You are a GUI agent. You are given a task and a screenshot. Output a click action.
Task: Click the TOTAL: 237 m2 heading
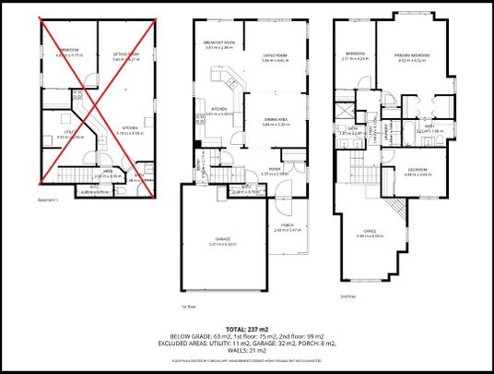246,327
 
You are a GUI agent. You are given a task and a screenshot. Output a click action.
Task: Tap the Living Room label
275,56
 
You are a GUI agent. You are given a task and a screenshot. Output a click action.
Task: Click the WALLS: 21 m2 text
246,350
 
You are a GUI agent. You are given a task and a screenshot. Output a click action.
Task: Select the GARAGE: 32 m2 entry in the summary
272,343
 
